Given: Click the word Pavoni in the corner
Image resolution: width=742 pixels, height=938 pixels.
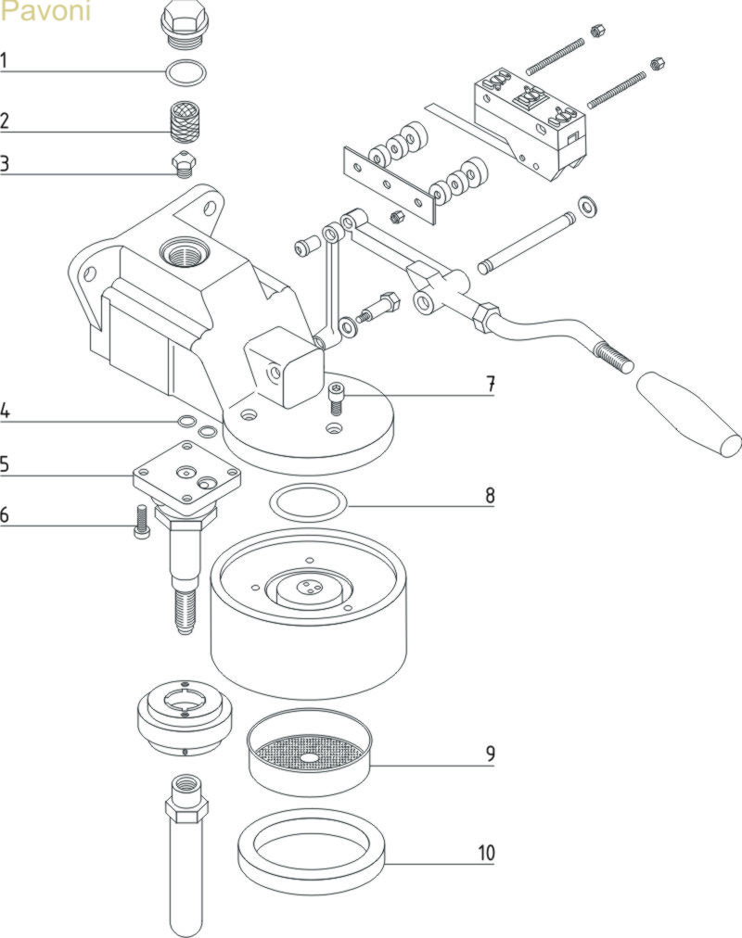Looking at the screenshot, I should (x=45, y=13).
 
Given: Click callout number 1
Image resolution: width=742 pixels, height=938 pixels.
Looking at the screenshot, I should (x=5, y=61).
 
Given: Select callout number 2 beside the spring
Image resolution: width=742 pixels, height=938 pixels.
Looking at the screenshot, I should (x=5, y=120).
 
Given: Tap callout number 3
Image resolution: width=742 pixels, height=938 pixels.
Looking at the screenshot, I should (x=5, y=164).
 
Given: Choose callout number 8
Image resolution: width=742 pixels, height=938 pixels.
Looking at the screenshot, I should (x=490, y=496).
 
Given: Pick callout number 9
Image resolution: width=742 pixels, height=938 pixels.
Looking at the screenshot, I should (x=490, y=754).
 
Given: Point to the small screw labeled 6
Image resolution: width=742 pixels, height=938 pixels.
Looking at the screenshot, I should (x=142, y=522).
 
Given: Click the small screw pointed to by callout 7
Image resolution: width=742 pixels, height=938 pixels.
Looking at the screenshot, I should (x=336, y=401).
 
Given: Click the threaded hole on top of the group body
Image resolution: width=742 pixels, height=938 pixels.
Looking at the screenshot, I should (x=178, y=250).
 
